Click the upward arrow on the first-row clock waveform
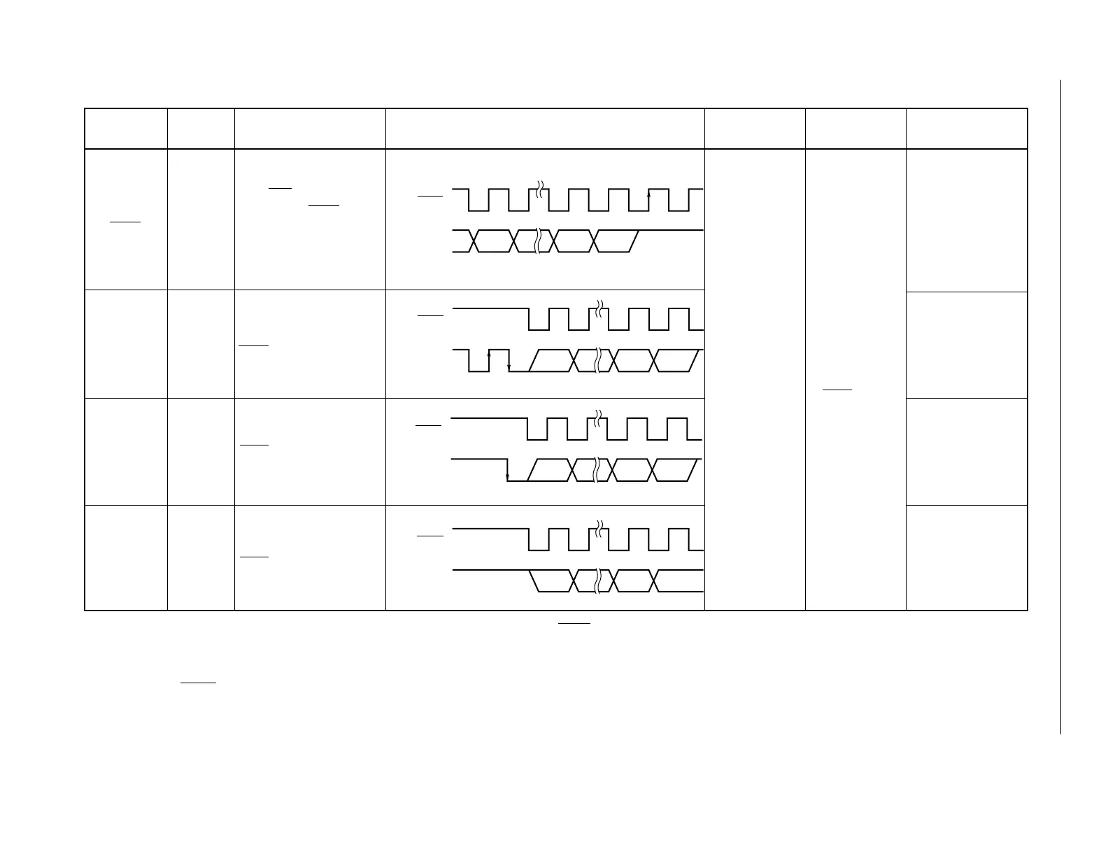click(x=648, y=197)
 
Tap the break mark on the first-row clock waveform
click(x=539, y=190)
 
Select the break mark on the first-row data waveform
click(x=537, y=241)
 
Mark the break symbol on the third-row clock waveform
click(x=597, y=418)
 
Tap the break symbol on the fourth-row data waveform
click(x=597, y=581)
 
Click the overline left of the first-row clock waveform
click(x=429, y=197)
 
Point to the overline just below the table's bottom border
click(x=574, y=622)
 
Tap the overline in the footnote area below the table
click(x=198, y=682)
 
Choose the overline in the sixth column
click(x=837, y=389)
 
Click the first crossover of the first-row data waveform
click(x=474, y=241)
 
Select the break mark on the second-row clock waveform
click(x=599, y=308)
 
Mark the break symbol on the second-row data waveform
click(x=597, y=360)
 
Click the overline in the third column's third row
click(x=254, y=445)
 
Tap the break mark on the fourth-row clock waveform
click(x=599, y=529)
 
